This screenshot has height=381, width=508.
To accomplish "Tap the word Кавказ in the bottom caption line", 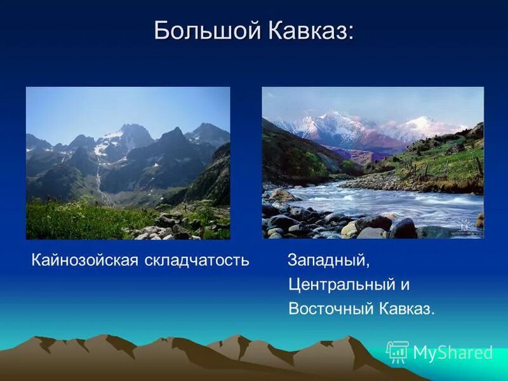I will point(406,309).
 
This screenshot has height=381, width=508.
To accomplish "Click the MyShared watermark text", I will point(453,353).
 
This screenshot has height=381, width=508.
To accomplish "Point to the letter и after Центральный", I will point(404,285).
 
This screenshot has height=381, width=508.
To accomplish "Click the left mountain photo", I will point(128,163).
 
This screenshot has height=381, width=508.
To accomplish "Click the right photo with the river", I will point(373,163).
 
